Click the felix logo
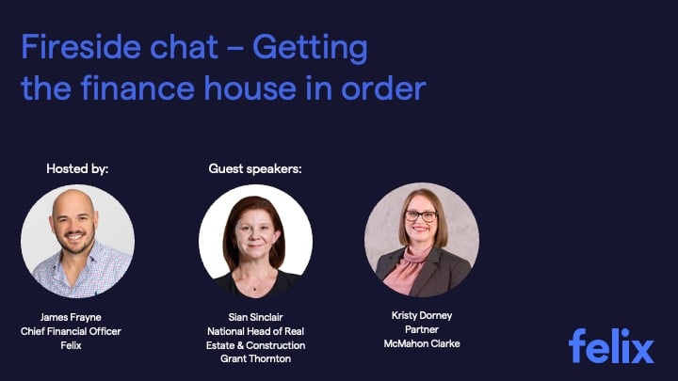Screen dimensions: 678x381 tap(611, 345)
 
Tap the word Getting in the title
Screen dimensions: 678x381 tap(310, 48)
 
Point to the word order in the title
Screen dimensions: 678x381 tap(383, 87)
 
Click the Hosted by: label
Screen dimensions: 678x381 tap(77, 168)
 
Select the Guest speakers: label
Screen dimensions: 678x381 tap(255, 168)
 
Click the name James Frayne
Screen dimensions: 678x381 tap(71, 317)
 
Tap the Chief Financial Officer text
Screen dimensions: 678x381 tap(71, 331)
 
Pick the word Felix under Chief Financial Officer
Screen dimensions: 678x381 tap(71, 345)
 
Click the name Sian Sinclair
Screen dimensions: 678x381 tap(255, 317)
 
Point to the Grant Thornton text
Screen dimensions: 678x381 tap(255, 358)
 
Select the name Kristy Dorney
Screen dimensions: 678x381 tap(422, 315)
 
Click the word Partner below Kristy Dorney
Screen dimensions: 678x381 tap(422, 329)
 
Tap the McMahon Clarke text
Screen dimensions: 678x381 tap(422, 344)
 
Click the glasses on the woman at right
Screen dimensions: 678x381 tap(421, 216)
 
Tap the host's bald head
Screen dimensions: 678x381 tap(73, 201)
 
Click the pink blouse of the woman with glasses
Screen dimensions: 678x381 tap(407, 270)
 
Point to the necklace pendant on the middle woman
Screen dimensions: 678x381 tap(254, 289)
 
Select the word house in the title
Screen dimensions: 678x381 tap(250, 87)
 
